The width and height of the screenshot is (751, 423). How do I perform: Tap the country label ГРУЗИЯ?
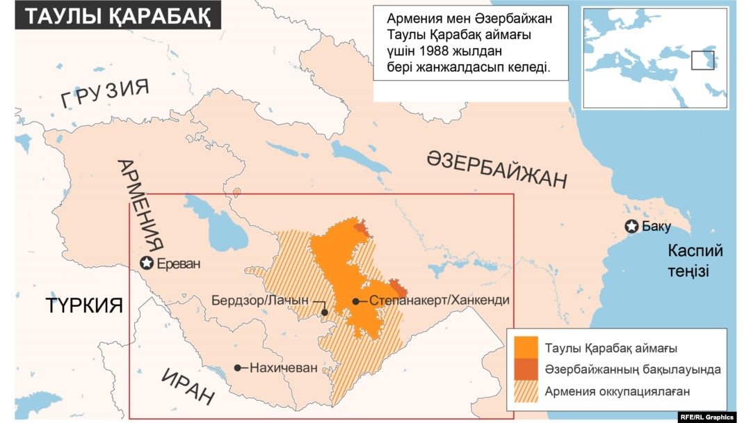(104, 95)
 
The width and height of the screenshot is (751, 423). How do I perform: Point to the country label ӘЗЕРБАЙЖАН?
(496, 169)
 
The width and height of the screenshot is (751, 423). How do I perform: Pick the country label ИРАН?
(188, 385)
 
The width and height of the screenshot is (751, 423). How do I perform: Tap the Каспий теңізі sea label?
(695, 260)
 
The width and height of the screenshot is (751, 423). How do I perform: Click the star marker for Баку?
(631, 226)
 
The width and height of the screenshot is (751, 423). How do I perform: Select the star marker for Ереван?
(147, 263)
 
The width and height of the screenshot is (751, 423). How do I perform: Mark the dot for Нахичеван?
(238, 367)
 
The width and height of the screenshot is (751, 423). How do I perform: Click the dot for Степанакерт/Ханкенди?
(356, 301)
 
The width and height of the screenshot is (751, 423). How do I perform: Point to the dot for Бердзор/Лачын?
(325, 312)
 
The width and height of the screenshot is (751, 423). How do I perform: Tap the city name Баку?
(656, 226)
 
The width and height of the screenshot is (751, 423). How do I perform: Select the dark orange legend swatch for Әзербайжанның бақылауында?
(526, 369)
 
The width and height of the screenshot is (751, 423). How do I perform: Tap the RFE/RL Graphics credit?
(706, 417)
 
